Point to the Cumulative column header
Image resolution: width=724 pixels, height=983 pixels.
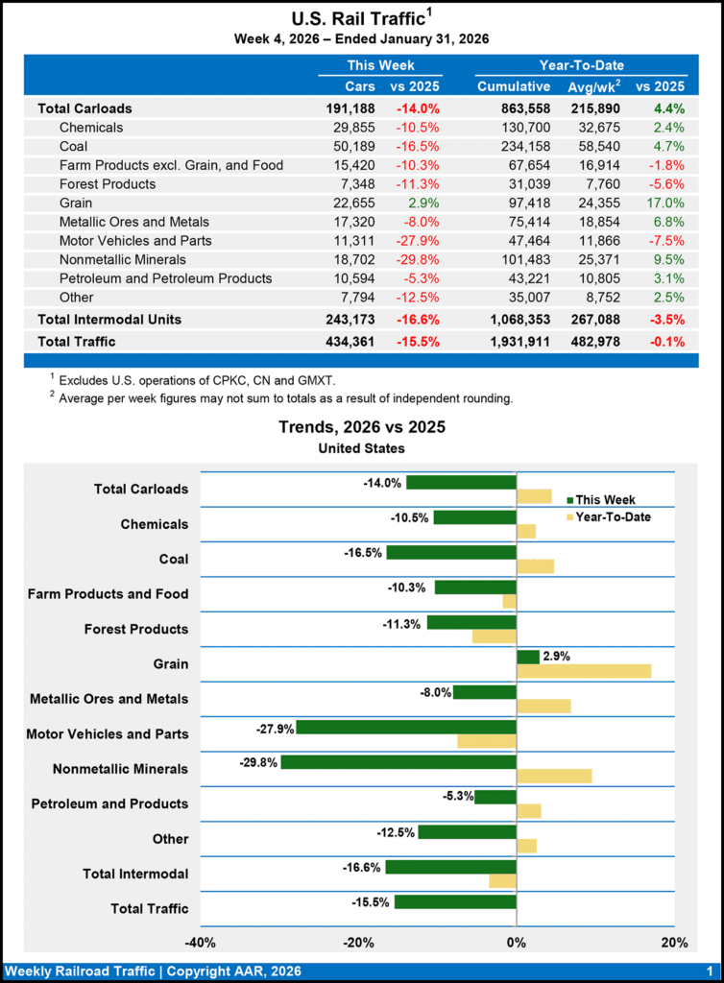pyautogui.click(x=513, y=87)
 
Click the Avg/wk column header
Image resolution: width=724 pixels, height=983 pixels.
pyautogui.click(x=592, y=87)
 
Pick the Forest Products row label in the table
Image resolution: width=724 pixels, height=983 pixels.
pyautogui.click(x=108, y=183)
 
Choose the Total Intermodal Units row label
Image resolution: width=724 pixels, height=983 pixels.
pyautogui.click(x=109, y=318)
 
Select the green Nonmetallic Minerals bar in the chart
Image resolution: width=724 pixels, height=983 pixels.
pyautogui.click(x=398, y=762)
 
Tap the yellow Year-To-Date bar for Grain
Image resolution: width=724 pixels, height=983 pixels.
pyautogui.click(x=584, y=671)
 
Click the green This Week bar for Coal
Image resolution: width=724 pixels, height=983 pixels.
pyautogui.click(x=451, y=552)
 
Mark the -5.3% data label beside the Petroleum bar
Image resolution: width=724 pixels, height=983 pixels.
pyautogui.click(x=458, y=796)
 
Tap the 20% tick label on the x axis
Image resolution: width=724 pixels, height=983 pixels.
pyautogui.click(x=674, y=942)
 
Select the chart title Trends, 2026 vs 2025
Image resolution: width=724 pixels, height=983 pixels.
pyautogui.click(x=362, y=427)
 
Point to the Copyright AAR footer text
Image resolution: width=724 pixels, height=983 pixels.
pyautogui.click(x=154, y=971)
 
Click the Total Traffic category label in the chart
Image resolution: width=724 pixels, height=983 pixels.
pyautogui.click(x=150, y=908)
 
